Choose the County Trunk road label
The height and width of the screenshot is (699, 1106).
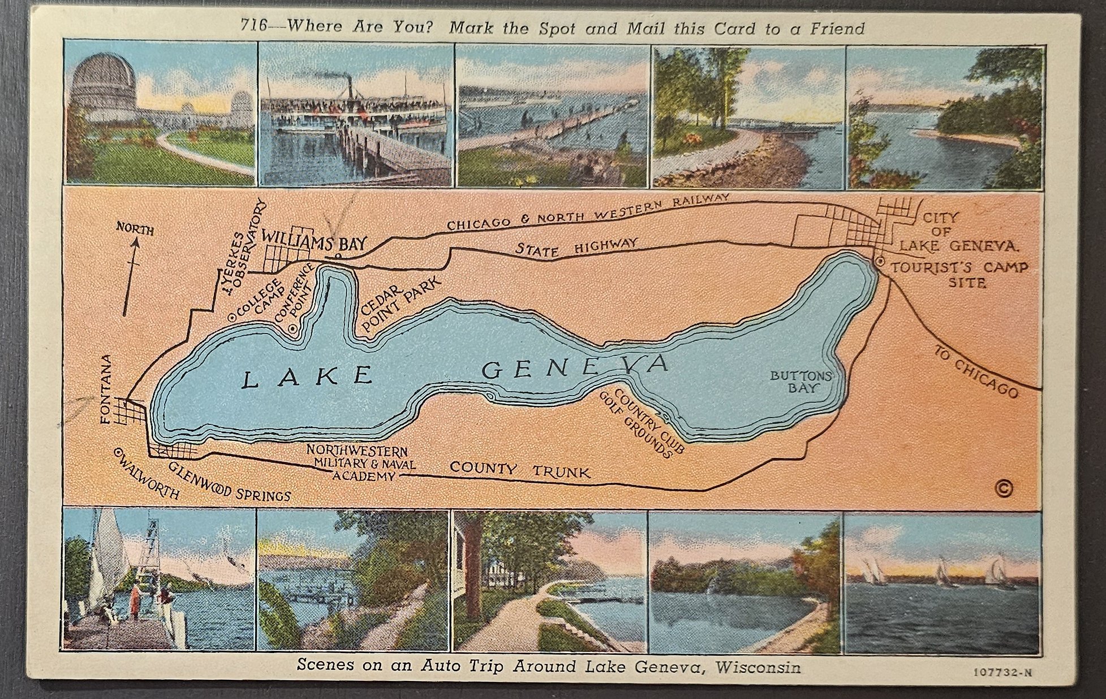point(520,470)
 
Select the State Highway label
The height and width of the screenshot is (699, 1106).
point(576,247)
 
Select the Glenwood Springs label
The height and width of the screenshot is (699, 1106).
point(229,481)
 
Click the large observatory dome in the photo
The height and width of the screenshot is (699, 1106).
point(104,79)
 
